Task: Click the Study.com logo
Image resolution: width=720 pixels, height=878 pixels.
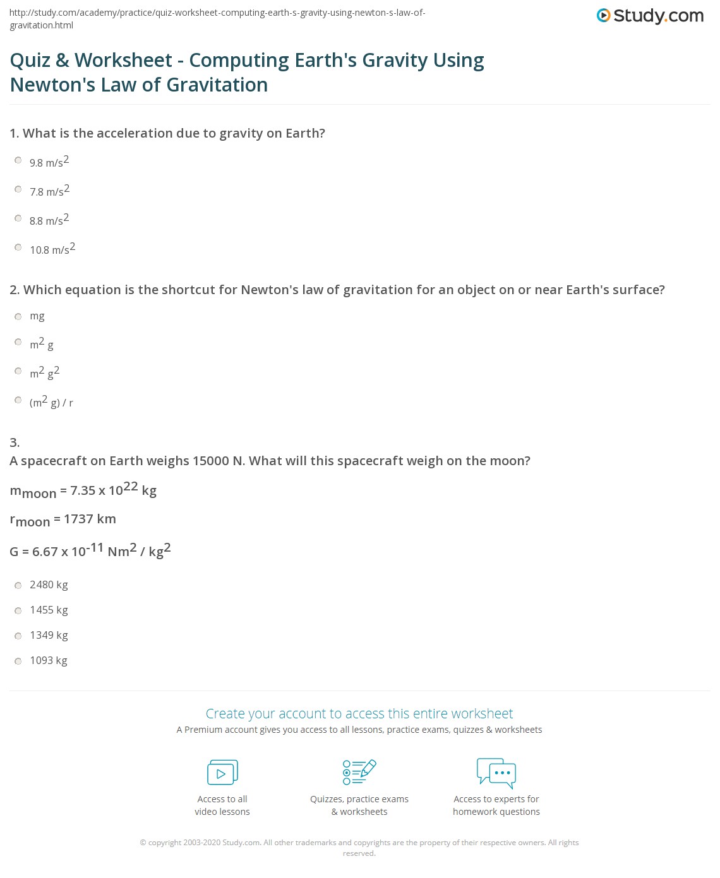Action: pos(650,16)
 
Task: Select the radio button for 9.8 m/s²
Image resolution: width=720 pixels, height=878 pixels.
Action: pos(18,160)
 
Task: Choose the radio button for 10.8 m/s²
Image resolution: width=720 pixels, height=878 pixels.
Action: pos(18,247)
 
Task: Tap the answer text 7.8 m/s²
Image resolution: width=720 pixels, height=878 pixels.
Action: pos(49,191)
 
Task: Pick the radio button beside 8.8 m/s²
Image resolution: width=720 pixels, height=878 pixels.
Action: pos(18,218)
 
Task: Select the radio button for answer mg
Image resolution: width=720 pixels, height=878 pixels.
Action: pos(18,316)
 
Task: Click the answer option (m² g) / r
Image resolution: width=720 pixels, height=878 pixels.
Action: pos(51,401)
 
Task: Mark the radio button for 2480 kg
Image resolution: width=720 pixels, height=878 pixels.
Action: pos(18,586)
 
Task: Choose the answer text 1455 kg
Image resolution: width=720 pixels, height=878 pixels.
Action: pos(49,610)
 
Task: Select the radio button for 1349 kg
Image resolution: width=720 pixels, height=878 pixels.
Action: pos(18,636)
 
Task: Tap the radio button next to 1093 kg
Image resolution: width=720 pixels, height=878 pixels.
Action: pos(18,661)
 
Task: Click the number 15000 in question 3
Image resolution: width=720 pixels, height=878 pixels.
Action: pos(210,461)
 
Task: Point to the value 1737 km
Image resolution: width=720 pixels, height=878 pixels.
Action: pos(90,519)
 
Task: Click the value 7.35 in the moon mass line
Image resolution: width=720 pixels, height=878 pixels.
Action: pos(83,490)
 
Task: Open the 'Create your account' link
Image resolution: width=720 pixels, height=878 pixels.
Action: pos(359,713)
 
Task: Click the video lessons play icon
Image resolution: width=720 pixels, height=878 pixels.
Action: pos(222,772)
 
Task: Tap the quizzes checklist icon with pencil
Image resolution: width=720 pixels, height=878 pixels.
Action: pos(359,772)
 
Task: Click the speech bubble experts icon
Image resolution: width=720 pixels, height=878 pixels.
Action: pos(496,773)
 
